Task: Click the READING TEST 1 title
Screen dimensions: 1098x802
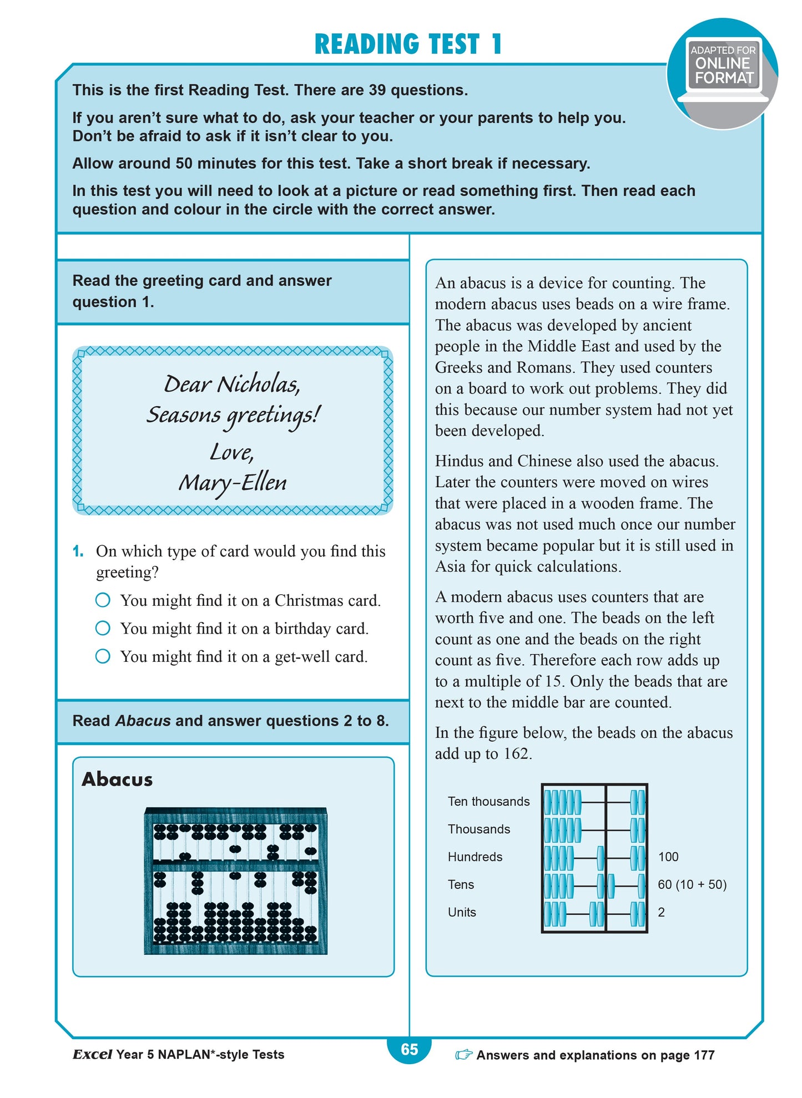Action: click(408, 44)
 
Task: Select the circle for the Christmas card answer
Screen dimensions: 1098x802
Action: click(103, 600)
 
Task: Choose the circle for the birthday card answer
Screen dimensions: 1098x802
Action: click(103, 628)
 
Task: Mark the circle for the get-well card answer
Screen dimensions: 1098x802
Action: click(103, 656)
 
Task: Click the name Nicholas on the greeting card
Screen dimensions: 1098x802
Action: click(258, 384)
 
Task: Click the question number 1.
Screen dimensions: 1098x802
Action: click(78, 551)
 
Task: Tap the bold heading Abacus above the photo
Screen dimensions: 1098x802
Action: click(117, 780)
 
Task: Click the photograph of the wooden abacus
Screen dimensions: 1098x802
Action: click(235, 881)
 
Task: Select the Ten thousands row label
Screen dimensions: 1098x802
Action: click(488, 802)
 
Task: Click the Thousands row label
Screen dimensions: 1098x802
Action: click(478, 829)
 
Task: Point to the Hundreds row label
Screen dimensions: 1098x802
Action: click(475, 857)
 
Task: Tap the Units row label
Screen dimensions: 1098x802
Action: click(462, 913)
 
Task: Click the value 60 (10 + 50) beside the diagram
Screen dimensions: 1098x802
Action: click(692, 885)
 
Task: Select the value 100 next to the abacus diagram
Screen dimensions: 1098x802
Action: click(668, 857)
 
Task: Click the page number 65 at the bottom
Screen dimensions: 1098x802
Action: click(409, 1050)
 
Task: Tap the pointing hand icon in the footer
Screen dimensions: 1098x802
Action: click(463, 1055)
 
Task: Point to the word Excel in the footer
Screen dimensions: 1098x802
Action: click(92, 1055)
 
